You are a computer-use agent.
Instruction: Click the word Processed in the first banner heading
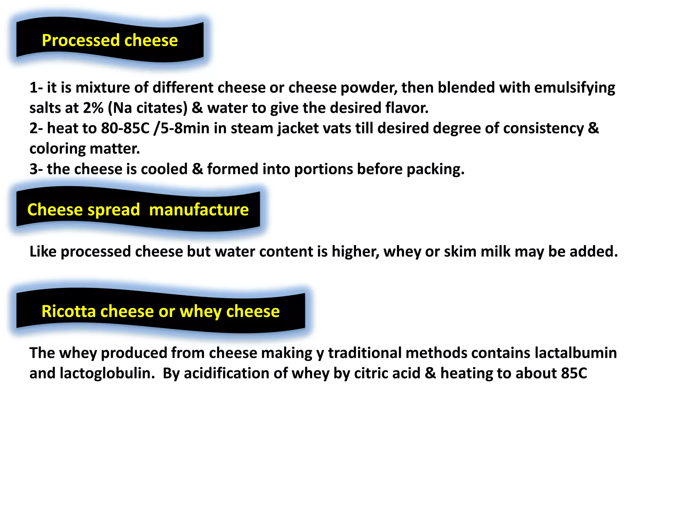pos(81,40)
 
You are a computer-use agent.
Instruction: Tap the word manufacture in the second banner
pos(199,210)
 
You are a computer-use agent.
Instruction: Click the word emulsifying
pos(575,88)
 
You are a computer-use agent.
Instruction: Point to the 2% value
pos(93,108)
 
